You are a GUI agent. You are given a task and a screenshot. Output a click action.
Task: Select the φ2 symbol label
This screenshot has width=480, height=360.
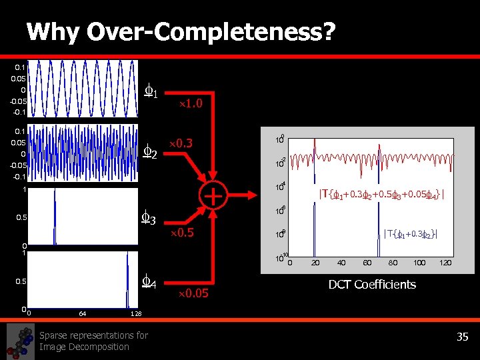tap(151, 153)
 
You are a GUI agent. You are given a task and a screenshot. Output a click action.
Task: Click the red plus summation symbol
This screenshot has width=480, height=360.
tap(212, 196)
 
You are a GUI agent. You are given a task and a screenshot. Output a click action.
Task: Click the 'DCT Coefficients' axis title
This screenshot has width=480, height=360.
tap(372, 285)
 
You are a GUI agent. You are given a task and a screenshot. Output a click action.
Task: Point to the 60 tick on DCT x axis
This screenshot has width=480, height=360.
tap(367, 263)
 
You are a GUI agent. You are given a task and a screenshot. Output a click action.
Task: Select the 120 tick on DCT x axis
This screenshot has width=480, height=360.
tap(445, 263)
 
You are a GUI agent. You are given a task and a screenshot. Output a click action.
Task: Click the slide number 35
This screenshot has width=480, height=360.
tap(463, 337)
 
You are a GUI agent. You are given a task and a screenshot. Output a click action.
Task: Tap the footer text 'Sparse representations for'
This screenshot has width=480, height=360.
tap(93, 335)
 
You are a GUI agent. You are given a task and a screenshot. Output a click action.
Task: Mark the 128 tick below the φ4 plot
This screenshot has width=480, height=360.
tap(135, 313)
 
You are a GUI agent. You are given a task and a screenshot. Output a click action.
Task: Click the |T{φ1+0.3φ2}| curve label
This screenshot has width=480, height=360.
tap(411, 233)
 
